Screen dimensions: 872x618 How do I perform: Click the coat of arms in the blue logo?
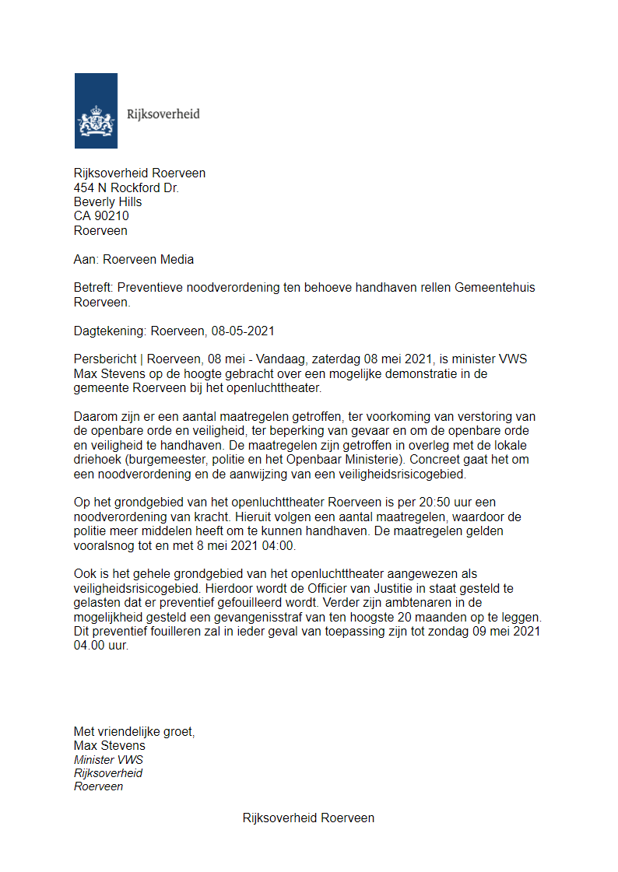[96, 121]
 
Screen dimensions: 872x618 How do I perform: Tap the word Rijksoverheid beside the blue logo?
[163, 114]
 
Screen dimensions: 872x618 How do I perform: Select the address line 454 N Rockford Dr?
[126, 187]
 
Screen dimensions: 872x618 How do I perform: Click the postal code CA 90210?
[101, 216]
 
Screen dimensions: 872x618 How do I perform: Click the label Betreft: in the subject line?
[93, 288]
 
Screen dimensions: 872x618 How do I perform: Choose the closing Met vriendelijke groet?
[134, 731]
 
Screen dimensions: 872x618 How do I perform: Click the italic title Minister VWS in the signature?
[108, 760]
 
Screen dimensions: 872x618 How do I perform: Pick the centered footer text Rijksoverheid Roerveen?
[308, 818]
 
